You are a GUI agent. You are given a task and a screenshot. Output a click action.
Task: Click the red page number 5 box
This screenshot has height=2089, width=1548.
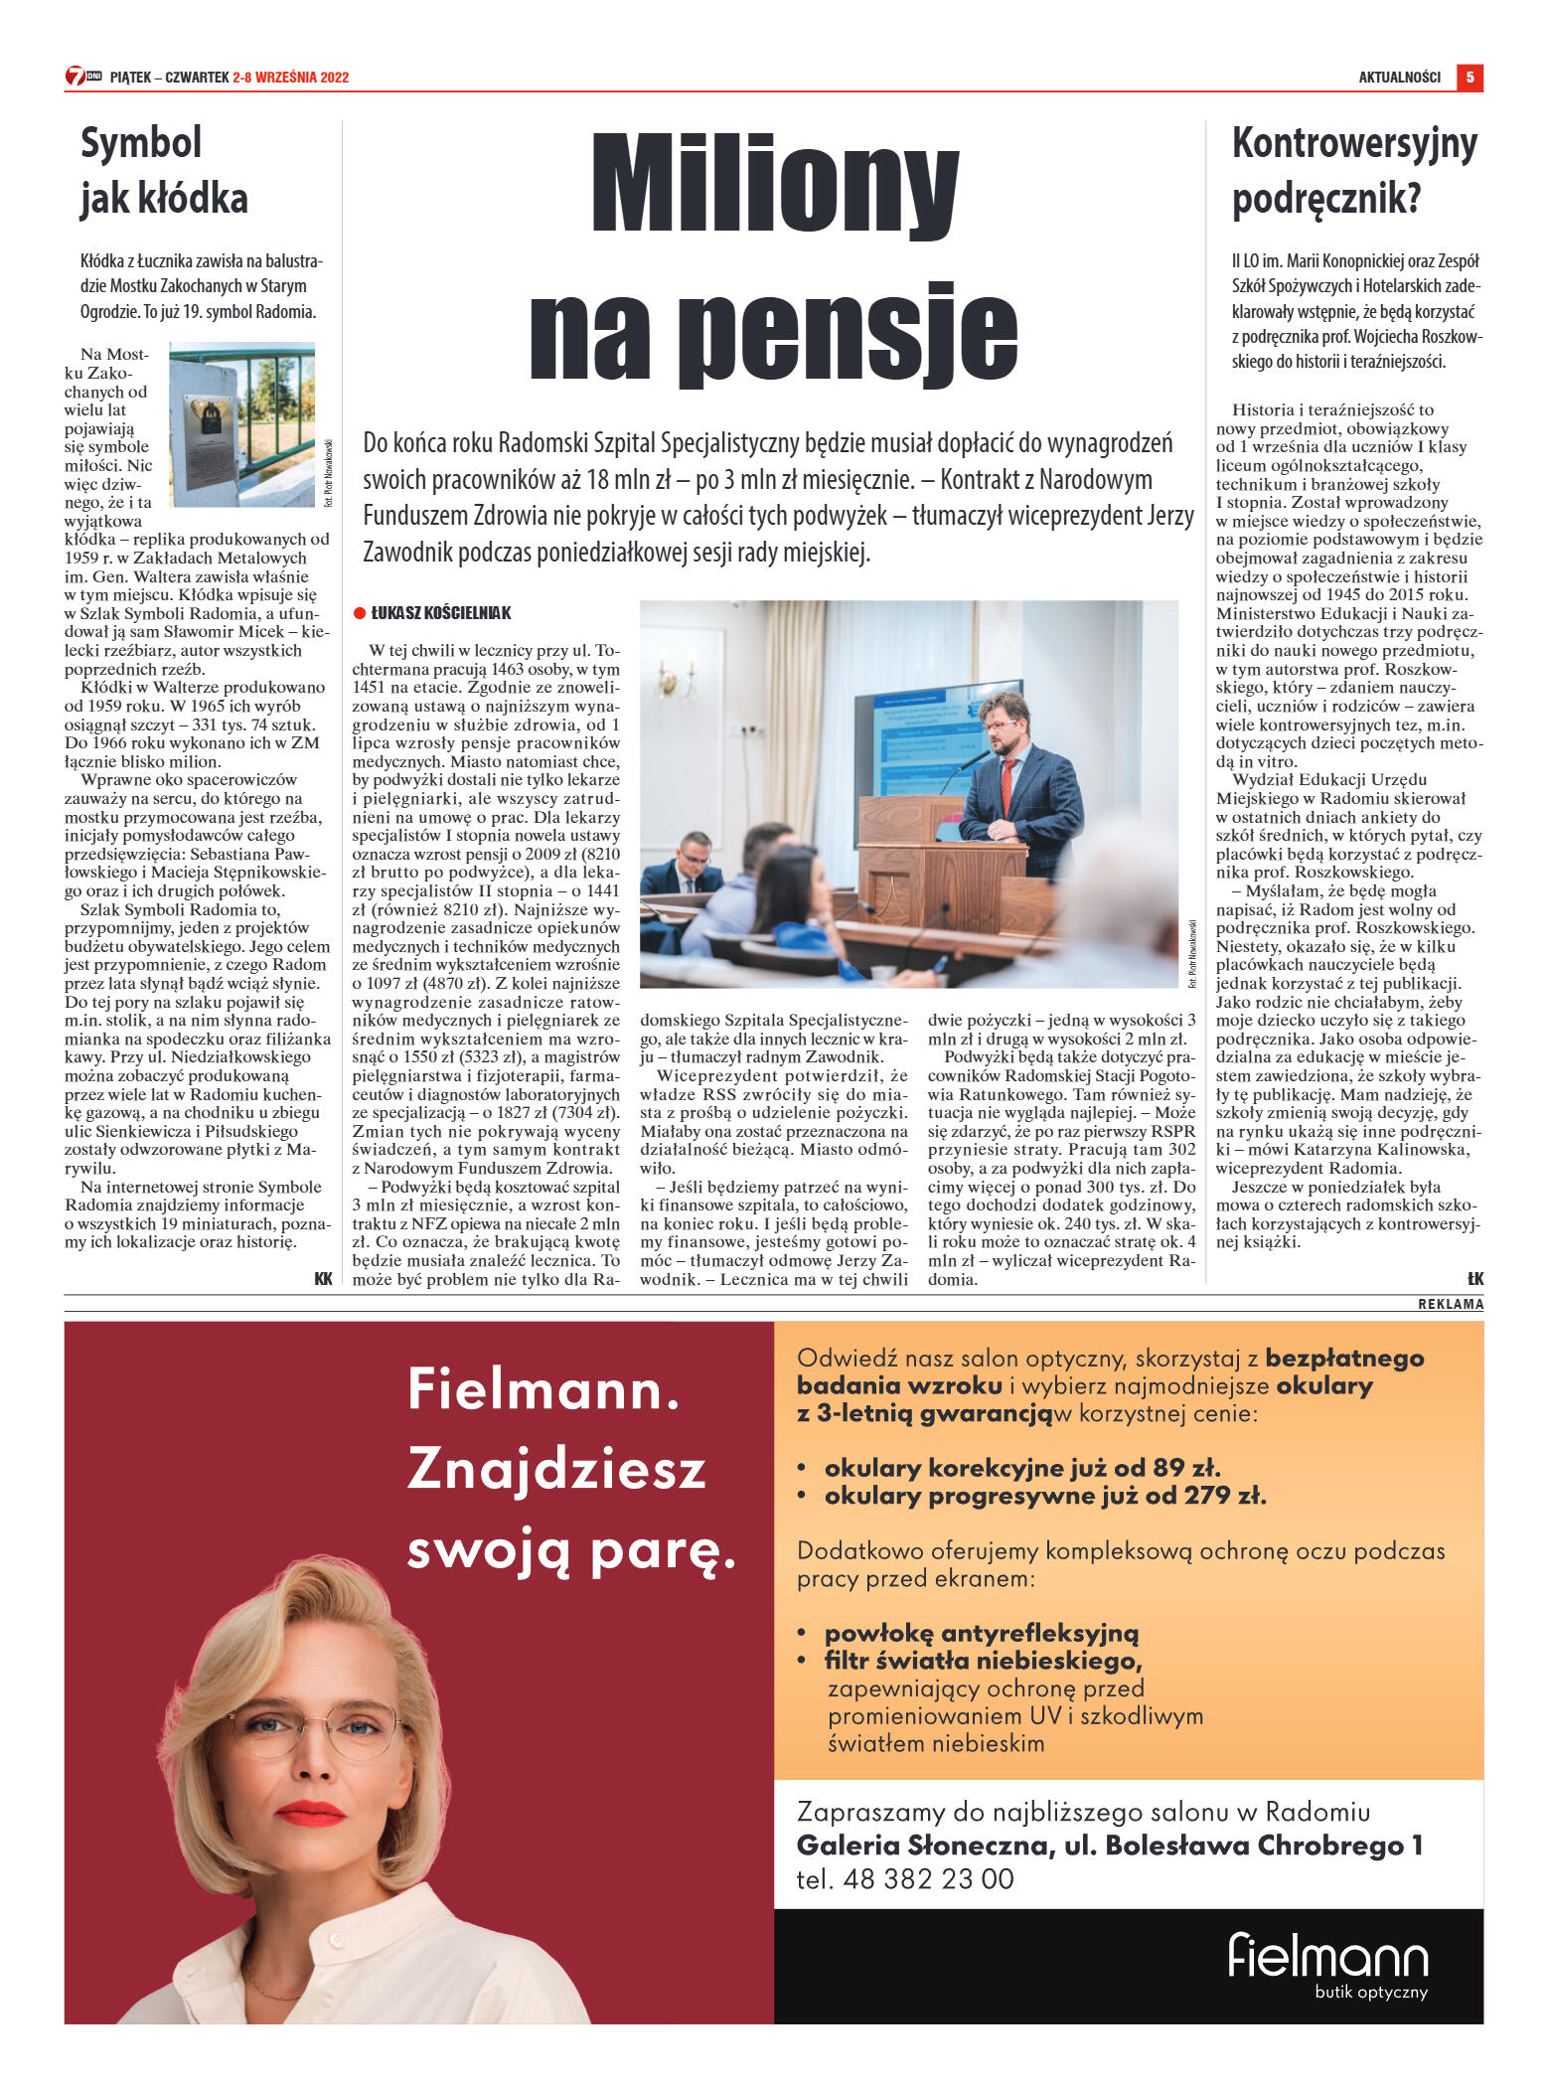1470,77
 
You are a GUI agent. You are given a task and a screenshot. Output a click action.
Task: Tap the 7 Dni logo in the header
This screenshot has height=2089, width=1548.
82,77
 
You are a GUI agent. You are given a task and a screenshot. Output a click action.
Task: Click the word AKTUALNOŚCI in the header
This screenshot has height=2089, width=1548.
1399,78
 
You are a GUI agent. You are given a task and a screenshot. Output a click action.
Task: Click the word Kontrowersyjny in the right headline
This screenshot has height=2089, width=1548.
1354,144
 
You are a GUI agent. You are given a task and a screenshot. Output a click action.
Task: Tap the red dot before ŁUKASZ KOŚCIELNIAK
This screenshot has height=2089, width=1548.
360,613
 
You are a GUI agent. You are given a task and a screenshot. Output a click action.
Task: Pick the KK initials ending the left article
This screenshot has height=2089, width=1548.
323,1279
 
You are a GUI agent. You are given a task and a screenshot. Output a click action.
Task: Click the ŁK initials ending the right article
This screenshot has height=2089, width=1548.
1474,1279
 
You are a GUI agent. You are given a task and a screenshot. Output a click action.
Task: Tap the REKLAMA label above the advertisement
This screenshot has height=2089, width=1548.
1451,1304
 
